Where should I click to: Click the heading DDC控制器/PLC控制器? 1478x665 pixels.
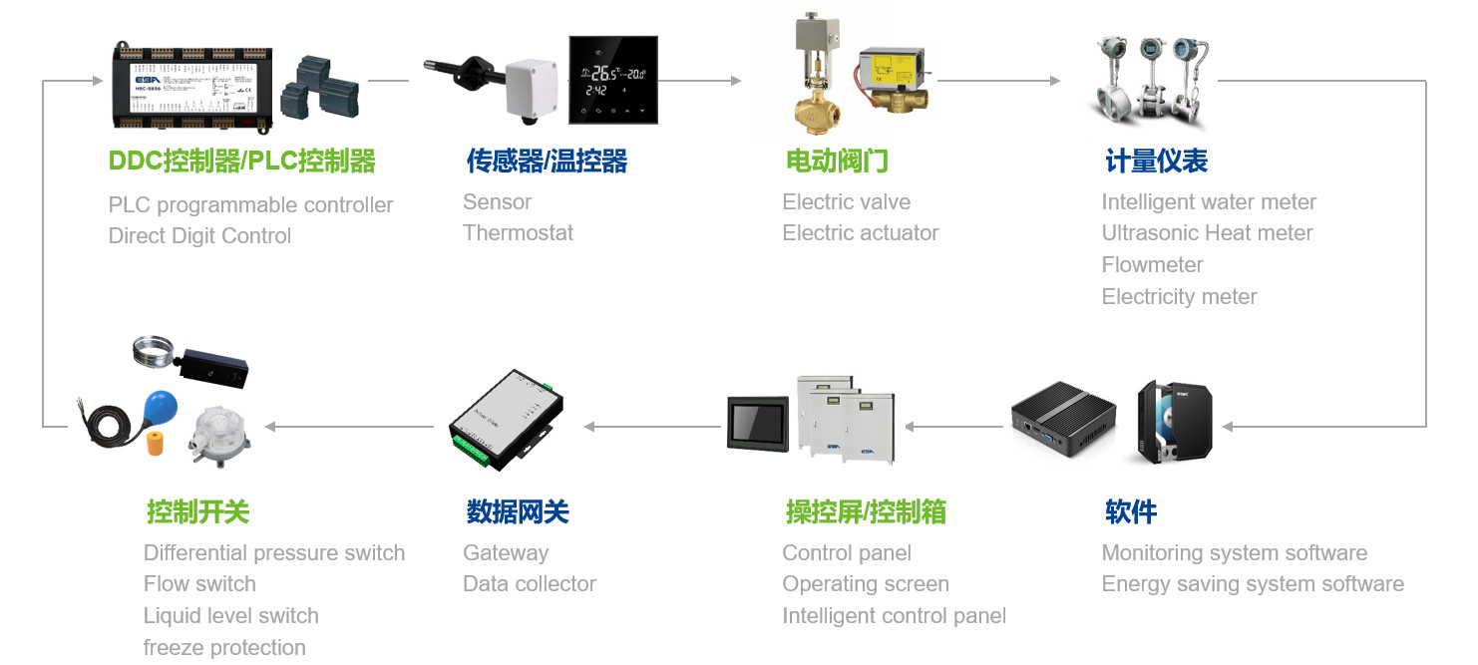click(x=241, y=161)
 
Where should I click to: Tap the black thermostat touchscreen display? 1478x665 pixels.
click(x=612, y=80)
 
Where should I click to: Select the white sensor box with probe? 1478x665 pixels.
click(x=530, y=89)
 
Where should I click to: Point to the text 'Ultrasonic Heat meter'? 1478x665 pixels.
click(x=1207, y=233)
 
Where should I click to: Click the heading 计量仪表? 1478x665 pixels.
click(x=1156, y=161)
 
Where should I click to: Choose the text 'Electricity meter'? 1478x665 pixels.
click(x=1179, y=297)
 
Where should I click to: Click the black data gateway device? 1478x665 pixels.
click(x=505, y=418)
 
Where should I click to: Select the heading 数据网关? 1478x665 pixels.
click(x=517, y=512)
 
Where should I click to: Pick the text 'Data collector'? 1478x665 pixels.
click(x=530, y=584)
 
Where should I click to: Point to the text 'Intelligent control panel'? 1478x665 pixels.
click(x=894, y=616)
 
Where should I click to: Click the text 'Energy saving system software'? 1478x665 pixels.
click(x=1252, y=584)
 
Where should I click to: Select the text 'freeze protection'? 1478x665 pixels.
click(x=224, y=648)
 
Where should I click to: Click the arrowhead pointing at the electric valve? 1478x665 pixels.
click(x=736, y=81)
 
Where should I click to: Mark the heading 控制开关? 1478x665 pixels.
click(x=197, y=512)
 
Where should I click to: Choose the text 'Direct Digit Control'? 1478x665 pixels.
click(x=199, y=236)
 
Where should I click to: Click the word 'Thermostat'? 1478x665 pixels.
click(x=518, y=233)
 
